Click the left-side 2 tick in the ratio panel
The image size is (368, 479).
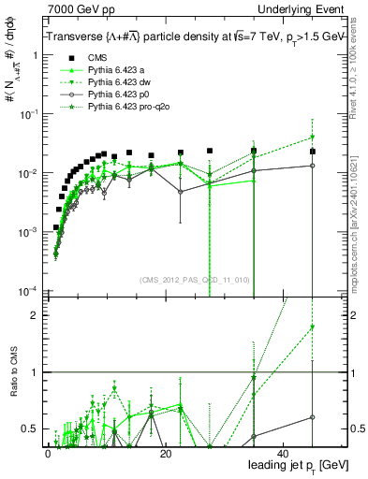[35, 315]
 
